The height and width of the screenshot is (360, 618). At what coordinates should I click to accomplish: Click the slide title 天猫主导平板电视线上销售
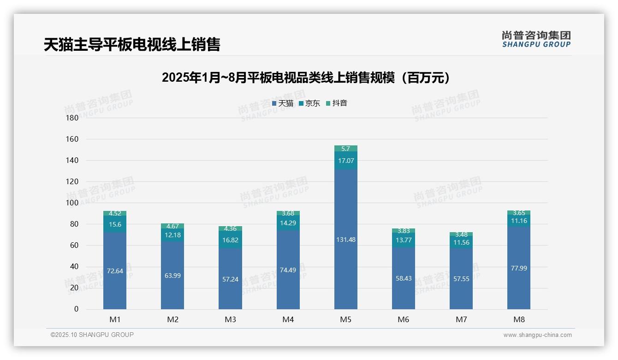click(132, 44)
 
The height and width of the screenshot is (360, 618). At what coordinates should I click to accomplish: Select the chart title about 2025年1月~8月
click(306, 78)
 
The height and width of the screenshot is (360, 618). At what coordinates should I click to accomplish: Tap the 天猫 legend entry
click(283, 103)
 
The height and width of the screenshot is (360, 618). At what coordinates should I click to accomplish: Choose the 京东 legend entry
click(309, 103)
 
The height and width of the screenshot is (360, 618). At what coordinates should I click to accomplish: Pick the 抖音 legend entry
click(337, 103)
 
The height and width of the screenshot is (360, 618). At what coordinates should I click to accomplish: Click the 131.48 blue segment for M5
click(346, 240)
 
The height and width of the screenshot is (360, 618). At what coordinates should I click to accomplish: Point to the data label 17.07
click(346, 161)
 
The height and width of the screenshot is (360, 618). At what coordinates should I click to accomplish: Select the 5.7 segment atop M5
click(346, 149)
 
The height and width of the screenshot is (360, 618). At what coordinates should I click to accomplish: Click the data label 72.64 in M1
click(115, 271)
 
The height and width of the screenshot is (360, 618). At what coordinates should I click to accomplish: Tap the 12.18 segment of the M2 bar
click(172, 235)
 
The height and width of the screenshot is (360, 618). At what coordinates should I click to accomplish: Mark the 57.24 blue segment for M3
click(230, 279)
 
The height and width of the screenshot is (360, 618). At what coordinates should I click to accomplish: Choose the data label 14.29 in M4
click(288, 222)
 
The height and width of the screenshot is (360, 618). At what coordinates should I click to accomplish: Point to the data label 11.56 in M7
click(461, 243)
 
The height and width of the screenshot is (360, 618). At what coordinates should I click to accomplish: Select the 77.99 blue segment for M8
click(519, 268)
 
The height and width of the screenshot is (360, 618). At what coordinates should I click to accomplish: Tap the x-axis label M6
click(404, 319)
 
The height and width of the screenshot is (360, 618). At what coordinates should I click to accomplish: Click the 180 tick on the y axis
click(72, 118)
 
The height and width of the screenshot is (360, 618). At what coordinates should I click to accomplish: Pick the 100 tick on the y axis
click(72, 203)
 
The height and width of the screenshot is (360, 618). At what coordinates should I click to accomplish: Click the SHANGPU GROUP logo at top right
click(536, 39)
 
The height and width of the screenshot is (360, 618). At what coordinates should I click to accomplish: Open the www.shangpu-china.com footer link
click(537, 335)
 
